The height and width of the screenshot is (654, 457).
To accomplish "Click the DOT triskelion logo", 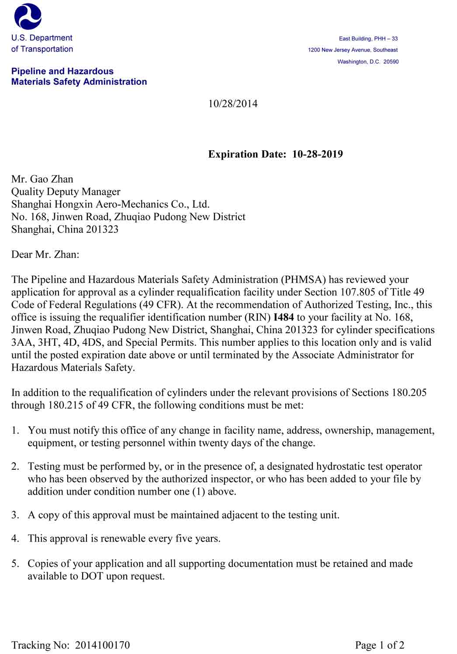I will (28, 16).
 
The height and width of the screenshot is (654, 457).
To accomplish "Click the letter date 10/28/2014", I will (233, 104).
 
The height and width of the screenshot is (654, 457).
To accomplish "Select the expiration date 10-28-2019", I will (317, 154).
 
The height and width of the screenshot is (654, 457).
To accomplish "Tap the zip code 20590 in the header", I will (391, 62).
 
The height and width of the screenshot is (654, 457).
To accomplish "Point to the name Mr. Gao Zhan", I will (42, 179).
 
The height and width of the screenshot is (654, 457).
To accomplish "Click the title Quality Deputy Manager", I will (66, 192).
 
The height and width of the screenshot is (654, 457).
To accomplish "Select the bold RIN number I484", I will (284, 317).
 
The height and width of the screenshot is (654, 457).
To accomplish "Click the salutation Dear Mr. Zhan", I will (45, 255).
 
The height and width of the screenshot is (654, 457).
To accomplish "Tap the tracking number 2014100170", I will (102, 645).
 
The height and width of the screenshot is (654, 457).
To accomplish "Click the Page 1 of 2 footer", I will (380, 645).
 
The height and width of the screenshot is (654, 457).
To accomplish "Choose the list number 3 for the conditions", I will (15, 515).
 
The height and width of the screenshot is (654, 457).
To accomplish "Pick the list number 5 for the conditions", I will (15, 564).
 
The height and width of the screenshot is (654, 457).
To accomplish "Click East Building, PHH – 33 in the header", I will (368, 39).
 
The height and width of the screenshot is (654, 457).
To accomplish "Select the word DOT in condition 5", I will (92, 576).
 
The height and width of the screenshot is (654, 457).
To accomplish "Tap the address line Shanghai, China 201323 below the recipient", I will (65, 229).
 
